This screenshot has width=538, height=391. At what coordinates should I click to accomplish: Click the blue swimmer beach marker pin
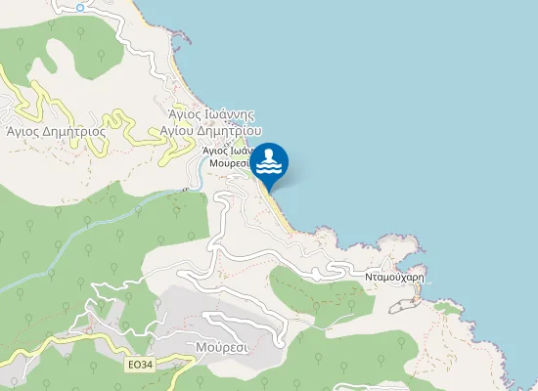point(269,162)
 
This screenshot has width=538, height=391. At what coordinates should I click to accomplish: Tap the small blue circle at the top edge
point(80,7)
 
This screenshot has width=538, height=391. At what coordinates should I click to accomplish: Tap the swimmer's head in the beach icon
point(271,152)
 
